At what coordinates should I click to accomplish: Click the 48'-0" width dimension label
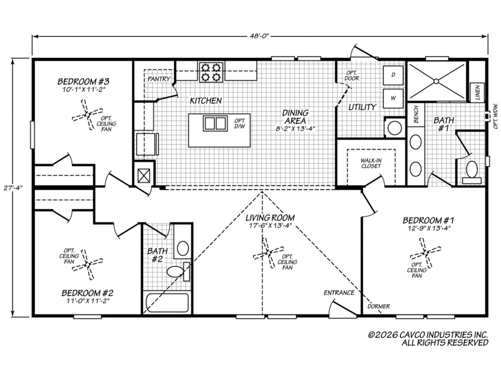point(260,36)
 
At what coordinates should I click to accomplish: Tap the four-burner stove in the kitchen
point(211,72)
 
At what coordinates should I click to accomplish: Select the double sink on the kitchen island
point(215,123)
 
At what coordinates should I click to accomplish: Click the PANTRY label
point(159,79)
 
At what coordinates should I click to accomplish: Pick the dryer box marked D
point(393,75)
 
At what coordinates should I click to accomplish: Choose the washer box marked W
point(393,98)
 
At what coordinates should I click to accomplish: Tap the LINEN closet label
point(477,92)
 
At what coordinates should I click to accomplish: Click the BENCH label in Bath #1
point(416,114)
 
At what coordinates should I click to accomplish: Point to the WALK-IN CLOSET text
point(371,163)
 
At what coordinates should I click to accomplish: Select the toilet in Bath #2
point(178,271)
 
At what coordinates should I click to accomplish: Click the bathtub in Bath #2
point(167,302)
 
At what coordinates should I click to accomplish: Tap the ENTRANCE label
point(339,293)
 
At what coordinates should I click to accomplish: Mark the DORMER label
point(379,307)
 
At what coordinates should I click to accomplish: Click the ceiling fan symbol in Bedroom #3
point(87,114)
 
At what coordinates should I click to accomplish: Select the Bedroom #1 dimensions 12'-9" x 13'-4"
point(429,229)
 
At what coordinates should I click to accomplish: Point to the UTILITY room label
point(363,107)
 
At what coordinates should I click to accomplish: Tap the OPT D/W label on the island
point(240,123)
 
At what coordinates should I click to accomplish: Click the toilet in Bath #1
point(472,173)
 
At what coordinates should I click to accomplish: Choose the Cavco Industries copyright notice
point(428,339)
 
